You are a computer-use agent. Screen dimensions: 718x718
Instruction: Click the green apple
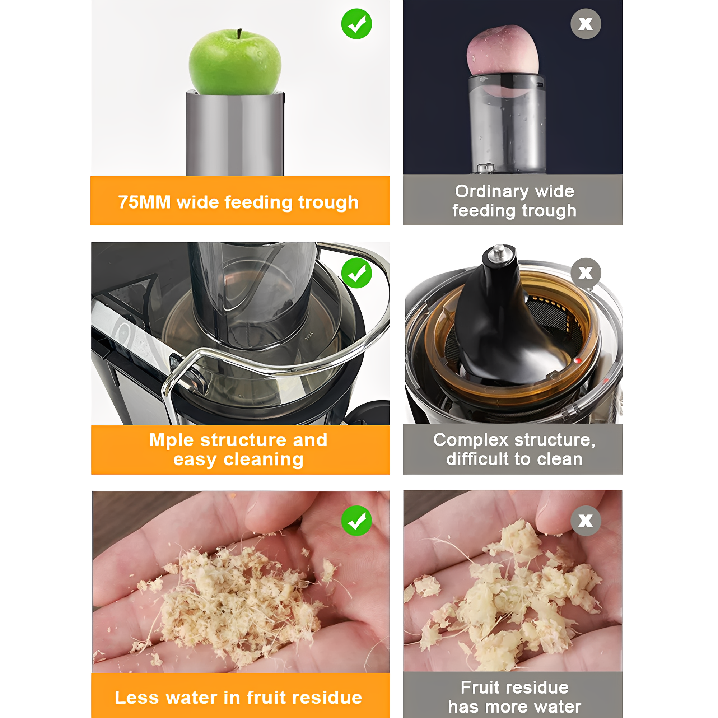(235, 62)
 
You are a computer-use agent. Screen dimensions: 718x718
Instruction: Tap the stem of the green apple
(239, 34)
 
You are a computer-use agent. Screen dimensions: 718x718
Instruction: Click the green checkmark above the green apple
(356, 24)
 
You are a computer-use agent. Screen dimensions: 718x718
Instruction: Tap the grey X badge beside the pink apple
(586, 24)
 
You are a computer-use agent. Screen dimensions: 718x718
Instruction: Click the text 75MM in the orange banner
(144, 202)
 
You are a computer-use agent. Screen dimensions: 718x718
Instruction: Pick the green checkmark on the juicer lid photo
(356, 273)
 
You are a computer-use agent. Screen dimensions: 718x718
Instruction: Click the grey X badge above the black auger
(586, 273)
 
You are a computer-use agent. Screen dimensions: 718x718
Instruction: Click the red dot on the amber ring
(578, 360)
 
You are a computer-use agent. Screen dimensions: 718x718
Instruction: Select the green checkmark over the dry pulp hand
(356, 521)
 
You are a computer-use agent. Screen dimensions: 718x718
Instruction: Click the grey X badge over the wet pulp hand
(586, 521)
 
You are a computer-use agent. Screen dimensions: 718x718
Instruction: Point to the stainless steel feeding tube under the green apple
(235, 134)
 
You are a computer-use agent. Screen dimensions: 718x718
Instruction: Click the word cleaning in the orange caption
(264, 460)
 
